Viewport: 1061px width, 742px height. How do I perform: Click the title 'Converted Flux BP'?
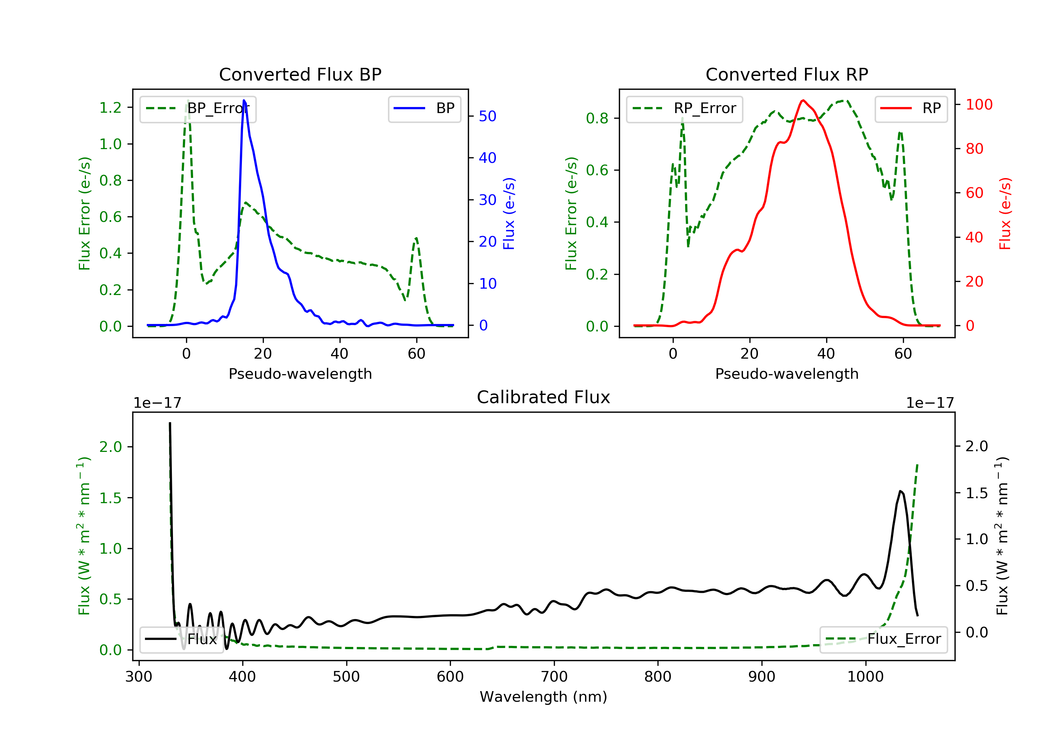tap(300, 74)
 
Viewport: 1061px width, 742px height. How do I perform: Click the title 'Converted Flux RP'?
tap(787, 74)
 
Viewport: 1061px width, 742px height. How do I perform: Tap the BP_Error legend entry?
tap(198, 108)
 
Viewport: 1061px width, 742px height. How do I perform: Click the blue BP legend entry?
tap(424, 108)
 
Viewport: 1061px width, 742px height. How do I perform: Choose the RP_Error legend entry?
tap(684, 108)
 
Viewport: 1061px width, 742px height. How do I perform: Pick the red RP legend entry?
tap(911, 108)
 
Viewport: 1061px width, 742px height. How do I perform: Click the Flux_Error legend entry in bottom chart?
tap(883, 639)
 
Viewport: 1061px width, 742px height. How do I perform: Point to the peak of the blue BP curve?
tap(244, 100)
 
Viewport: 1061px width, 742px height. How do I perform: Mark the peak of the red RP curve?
tap(803, 100)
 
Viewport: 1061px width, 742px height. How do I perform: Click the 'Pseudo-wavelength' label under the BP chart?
tap(300, 373)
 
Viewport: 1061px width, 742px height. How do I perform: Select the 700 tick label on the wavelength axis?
tap(554, 677)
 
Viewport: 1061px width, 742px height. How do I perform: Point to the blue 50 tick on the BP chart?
tap(487, 116)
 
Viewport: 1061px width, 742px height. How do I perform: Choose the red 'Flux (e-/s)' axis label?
tap(1005, 213)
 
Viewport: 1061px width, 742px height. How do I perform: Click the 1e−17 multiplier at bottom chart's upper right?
tap(930, 403)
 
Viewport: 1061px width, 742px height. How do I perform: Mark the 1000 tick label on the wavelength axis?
tap(865, 677)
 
